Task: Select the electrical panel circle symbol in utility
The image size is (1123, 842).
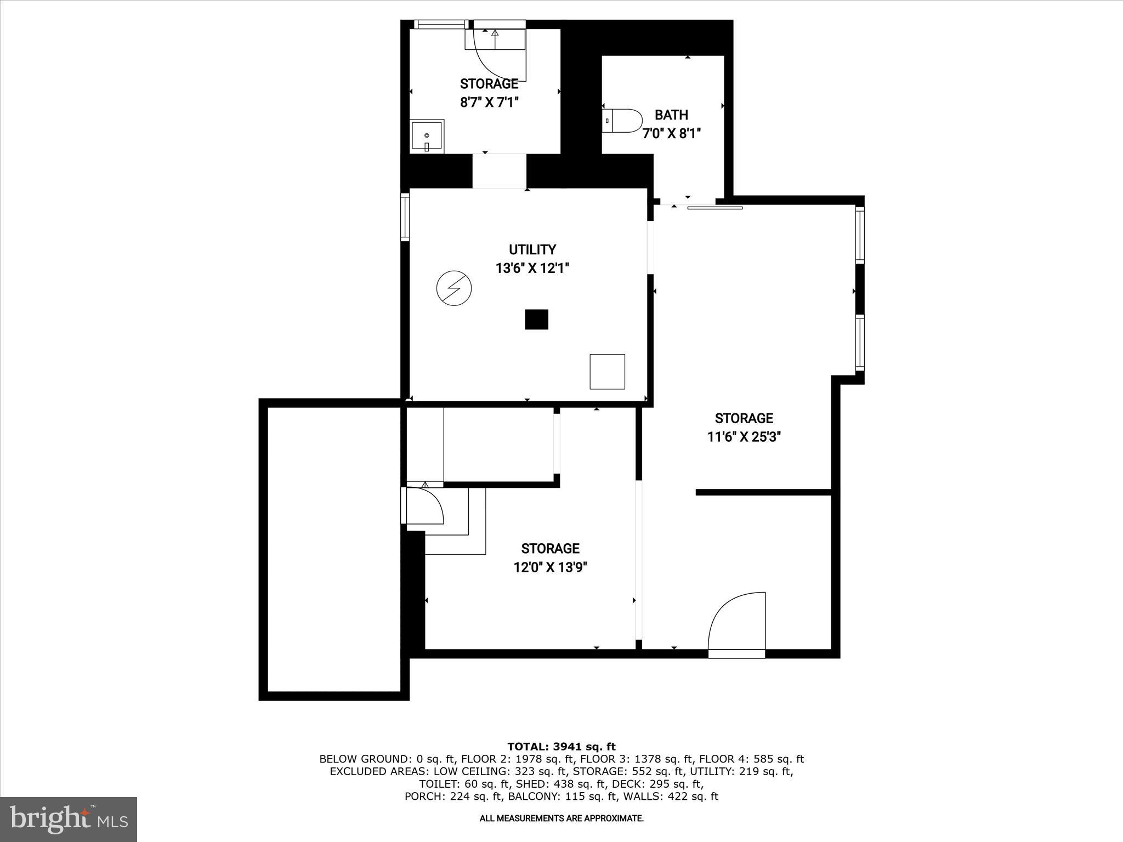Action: point(454,288)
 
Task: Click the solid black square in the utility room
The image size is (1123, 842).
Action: point(536,320)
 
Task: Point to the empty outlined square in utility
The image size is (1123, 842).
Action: point(607,372)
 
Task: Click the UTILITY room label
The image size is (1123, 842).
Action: point(532,250)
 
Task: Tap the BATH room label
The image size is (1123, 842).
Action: point(671,115)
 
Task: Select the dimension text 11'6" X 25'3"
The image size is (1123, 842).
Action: point(744,437)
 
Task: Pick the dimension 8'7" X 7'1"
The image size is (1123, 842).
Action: point(489,102)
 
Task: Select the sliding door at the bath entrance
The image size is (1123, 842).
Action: point(714,208)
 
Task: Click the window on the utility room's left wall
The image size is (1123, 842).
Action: point(405,217)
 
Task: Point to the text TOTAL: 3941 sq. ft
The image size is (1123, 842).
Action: point(561,747)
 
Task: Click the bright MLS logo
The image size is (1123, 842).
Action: point(69,820)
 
